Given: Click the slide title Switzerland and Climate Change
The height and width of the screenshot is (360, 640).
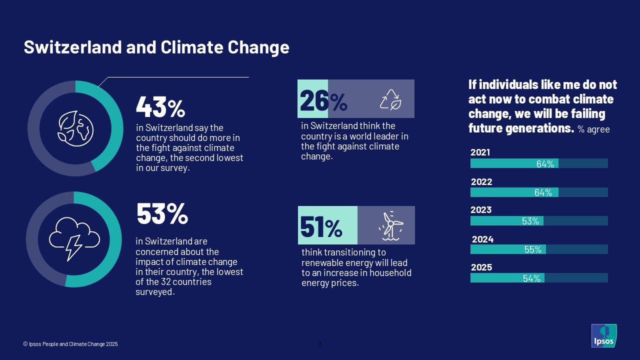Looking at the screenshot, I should (x=156, y=47).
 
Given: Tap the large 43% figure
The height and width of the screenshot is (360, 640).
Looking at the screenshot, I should (x=160, y=106).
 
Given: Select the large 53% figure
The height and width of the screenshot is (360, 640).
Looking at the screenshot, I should (x=162, y=214).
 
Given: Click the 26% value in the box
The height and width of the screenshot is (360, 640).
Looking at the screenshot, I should (x=323, y=101).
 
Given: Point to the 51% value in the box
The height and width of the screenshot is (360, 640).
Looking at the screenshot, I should (x=321, y=227).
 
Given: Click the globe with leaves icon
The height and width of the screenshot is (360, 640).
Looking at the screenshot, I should (x=75, y=128).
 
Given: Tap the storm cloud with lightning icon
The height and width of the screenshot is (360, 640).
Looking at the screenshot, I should (x=74, y=238).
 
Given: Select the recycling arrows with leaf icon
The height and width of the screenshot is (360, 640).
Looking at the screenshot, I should (x=390, y=99).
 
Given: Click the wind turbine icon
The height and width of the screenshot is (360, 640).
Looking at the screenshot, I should (x=391, y=225).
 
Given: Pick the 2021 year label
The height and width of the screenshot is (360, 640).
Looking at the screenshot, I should (x=480, y=152).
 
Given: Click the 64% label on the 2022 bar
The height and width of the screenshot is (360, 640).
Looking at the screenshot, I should (x=543, y=192).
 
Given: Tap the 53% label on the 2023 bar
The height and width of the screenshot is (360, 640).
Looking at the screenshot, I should (x=530, y=221).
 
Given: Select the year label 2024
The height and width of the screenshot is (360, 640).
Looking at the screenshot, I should (x=482, y=239).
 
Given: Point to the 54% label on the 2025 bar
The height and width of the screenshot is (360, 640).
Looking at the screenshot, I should (x=531, y=278).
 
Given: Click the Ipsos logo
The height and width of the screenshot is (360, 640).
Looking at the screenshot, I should (x=603, y=335).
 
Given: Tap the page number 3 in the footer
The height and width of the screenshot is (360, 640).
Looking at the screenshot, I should (x=320, y=343).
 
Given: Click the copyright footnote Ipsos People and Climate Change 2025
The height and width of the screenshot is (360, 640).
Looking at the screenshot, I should (x=70, y=344).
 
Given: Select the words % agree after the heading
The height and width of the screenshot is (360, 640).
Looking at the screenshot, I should (x=593, y=129).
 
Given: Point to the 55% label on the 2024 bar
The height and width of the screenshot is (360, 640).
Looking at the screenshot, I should (x=532, y=249).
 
